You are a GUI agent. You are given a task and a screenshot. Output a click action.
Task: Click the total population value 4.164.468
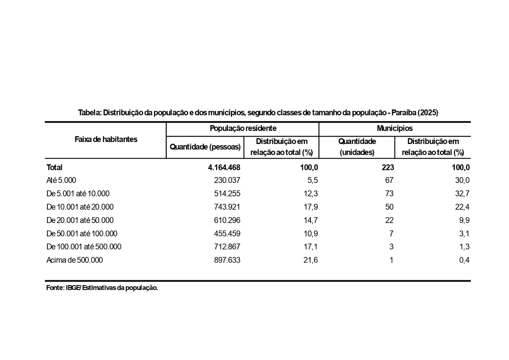[224, 167]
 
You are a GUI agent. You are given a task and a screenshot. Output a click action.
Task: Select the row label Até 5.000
[61, 180]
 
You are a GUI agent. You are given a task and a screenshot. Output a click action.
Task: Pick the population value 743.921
[227, 207]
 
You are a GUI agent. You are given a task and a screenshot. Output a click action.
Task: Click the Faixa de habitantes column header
[106, 139]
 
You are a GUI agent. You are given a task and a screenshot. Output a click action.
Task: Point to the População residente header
[243, 128]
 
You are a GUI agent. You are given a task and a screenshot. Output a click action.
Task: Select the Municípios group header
[394, 128]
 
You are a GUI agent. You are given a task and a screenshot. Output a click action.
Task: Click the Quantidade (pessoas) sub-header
[205, 147]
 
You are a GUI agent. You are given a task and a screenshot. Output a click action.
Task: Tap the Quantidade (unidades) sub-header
[357, 147]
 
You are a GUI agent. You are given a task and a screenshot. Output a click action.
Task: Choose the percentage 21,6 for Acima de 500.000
[310, 260]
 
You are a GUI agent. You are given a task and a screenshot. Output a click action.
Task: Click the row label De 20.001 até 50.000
[80, 220]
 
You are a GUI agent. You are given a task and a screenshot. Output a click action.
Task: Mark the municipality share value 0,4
[464, 260]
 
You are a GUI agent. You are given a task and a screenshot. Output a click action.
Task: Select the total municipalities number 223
[388, 167]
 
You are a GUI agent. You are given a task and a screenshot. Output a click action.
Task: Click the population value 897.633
[227, 260]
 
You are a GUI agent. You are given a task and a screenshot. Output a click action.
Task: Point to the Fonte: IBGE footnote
[102, 288]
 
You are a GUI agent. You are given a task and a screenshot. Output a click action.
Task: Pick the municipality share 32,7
[462, 194]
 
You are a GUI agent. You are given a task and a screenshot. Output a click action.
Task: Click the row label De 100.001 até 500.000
[84, 247]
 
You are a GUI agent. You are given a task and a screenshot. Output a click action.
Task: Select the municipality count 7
[391, 234]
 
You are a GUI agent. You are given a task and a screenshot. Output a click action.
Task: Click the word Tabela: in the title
[90, 113]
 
